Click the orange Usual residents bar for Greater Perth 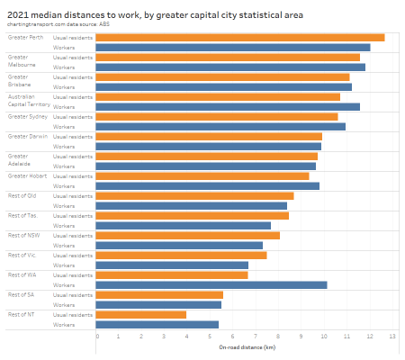[240, 37]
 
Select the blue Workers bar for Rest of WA [211, 284]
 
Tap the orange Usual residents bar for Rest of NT [141, 314]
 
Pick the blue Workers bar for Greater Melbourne [230, 67]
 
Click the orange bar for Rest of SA [159, 294]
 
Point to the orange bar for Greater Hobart [202, 175]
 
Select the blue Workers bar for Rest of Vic [172, 265]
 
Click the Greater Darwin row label [27, 136]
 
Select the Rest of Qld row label [22, 195]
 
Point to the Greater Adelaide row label [20, 160]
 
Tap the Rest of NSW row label [22, 235]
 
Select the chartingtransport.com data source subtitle [57, 25]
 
